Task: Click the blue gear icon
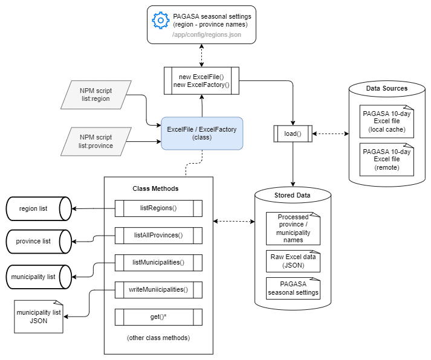[x=160, y=21]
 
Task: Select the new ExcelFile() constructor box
[x=202, y=80]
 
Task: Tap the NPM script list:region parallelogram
[x=96, y=94]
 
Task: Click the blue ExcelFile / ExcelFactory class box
[x=202, y=133]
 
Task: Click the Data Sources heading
[x=386, y=88]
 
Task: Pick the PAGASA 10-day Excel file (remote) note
[x=386, y=159]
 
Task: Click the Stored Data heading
[x=293, y=195]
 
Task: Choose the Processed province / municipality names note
[x=293, y=228]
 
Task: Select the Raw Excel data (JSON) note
[x=293, y=261]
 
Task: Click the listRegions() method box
[x=158, y=208]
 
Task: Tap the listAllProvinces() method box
[x=158, y=235]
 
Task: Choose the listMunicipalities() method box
[x=158, y=262]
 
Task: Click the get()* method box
[x=158, y=317]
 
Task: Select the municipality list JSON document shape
[x=39, y=317]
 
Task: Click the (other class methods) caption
[x=158, y=338]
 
